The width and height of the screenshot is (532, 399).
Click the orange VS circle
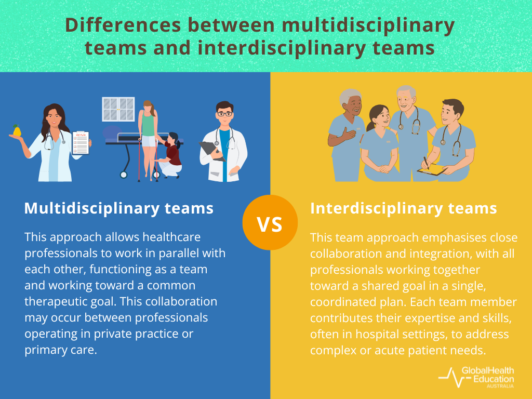click(270, 223)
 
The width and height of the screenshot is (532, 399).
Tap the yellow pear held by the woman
click(17, 131)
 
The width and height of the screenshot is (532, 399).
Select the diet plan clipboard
click(81, 142)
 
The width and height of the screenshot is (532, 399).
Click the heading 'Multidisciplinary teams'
click(119, 208)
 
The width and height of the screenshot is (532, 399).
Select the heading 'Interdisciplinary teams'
click(404, 208)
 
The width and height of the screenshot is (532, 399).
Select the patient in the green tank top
click(148, 130)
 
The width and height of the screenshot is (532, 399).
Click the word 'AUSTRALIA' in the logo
click(500, 387)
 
